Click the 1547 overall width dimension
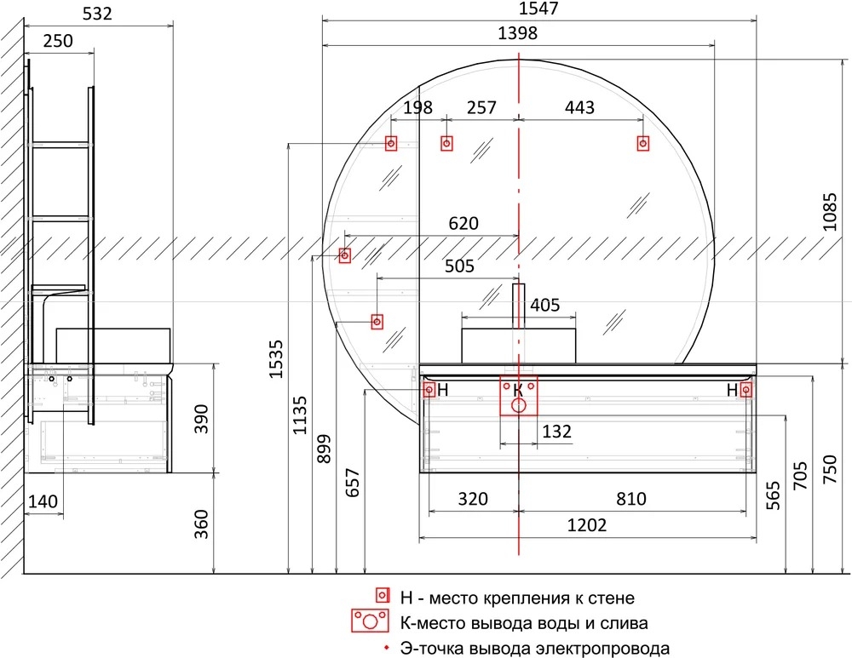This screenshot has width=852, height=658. [x=538, y=9]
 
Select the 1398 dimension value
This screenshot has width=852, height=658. [x=518, y=34]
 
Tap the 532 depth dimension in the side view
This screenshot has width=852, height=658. [x=97, y=14]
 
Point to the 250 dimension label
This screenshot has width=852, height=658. [x=58, y=41]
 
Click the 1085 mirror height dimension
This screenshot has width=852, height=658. [x=830, y=212]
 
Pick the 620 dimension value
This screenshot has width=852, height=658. [x=463, y=223]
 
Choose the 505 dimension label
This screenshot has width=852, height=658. [x=460, y=266]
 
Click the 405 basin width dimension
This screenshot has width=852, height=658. [x=544, y=305]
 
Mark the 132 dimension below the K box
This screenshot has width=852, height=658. [x=557, y=432]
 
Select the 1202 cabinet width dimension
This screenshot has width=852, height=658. [x=587, y=525]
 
